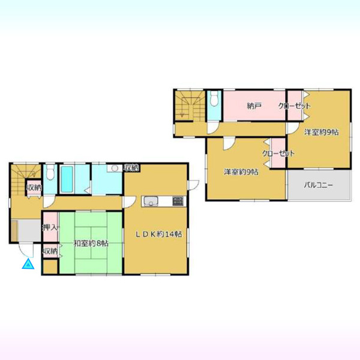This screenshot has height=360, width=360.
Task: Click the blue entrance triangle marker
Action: pyautogui.click(x=28, y=264)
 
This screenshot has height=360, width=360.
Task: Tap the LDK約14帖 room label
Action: pyautogui.click(x=158, y=234)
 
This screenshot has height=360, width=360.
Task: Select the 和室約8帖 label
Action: pyautogui.click(x=91, y=244)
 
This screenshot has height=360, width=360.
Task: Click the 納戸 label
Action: pyautogui.click(x=254, y=106)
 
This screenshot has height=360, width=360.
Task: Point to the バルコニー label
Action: pyautogui.click(x=319, y=185)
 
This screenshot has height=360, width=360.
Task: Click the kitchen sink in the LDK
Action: pyautogui.click(x=151, y=202)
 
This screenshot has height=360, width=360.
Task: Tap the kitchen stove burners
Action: pyautogui.click(x=178, y=201)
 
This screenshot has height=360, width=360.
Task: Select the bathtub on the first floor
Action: pyautogui.click(x=67, y=179)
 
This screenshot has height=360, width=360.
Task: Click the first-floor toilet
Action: pyautogui.click(x=50, y=172)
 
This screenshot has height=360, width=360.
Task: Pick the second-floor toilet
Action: pyautogui.click(x=214, y=99)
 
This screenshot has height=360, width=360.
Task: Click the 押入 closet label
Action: pyautogui.click(x=50, y=227)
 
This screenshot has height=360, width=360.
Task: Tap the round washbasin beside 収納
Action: pyautogui.click(x=115, y=169)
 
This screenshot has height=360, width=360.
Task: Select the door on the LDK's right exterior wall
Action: pyautogui.click(x=193, y=185)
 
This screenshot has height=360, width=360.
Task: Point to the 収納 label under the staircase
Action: pyautogui.click(x=34, y=188)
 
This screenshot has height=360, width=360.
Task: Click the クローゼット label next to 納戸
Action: pyautogui.click(x=295, y=106)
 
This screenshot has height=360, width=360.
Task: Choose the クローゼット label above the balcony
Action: pyautogui.click(x=278, y=154)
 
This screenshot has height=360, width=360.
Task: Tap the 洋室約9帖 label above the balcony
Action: pyautogui.click(x=321, y=132)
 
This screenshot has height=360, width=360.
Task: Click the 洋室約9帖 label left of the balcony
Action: pyautogui.click(x=241, y=172)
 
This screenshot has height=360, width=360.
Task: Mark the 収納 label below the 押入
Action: pyautogui.click(x=50, y=251)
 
